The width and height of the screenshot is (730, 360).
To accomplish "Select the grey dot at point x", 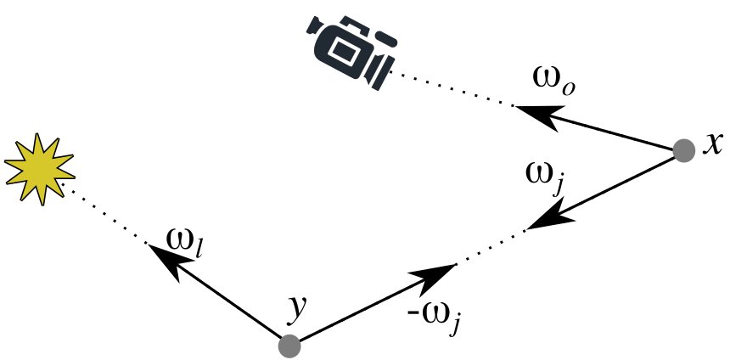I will [683, 150].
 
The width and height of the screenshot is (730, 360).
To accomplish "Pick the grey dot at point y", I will [289, 346].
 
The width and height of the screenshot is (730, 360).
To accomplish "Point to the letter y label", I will [296, 310].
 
